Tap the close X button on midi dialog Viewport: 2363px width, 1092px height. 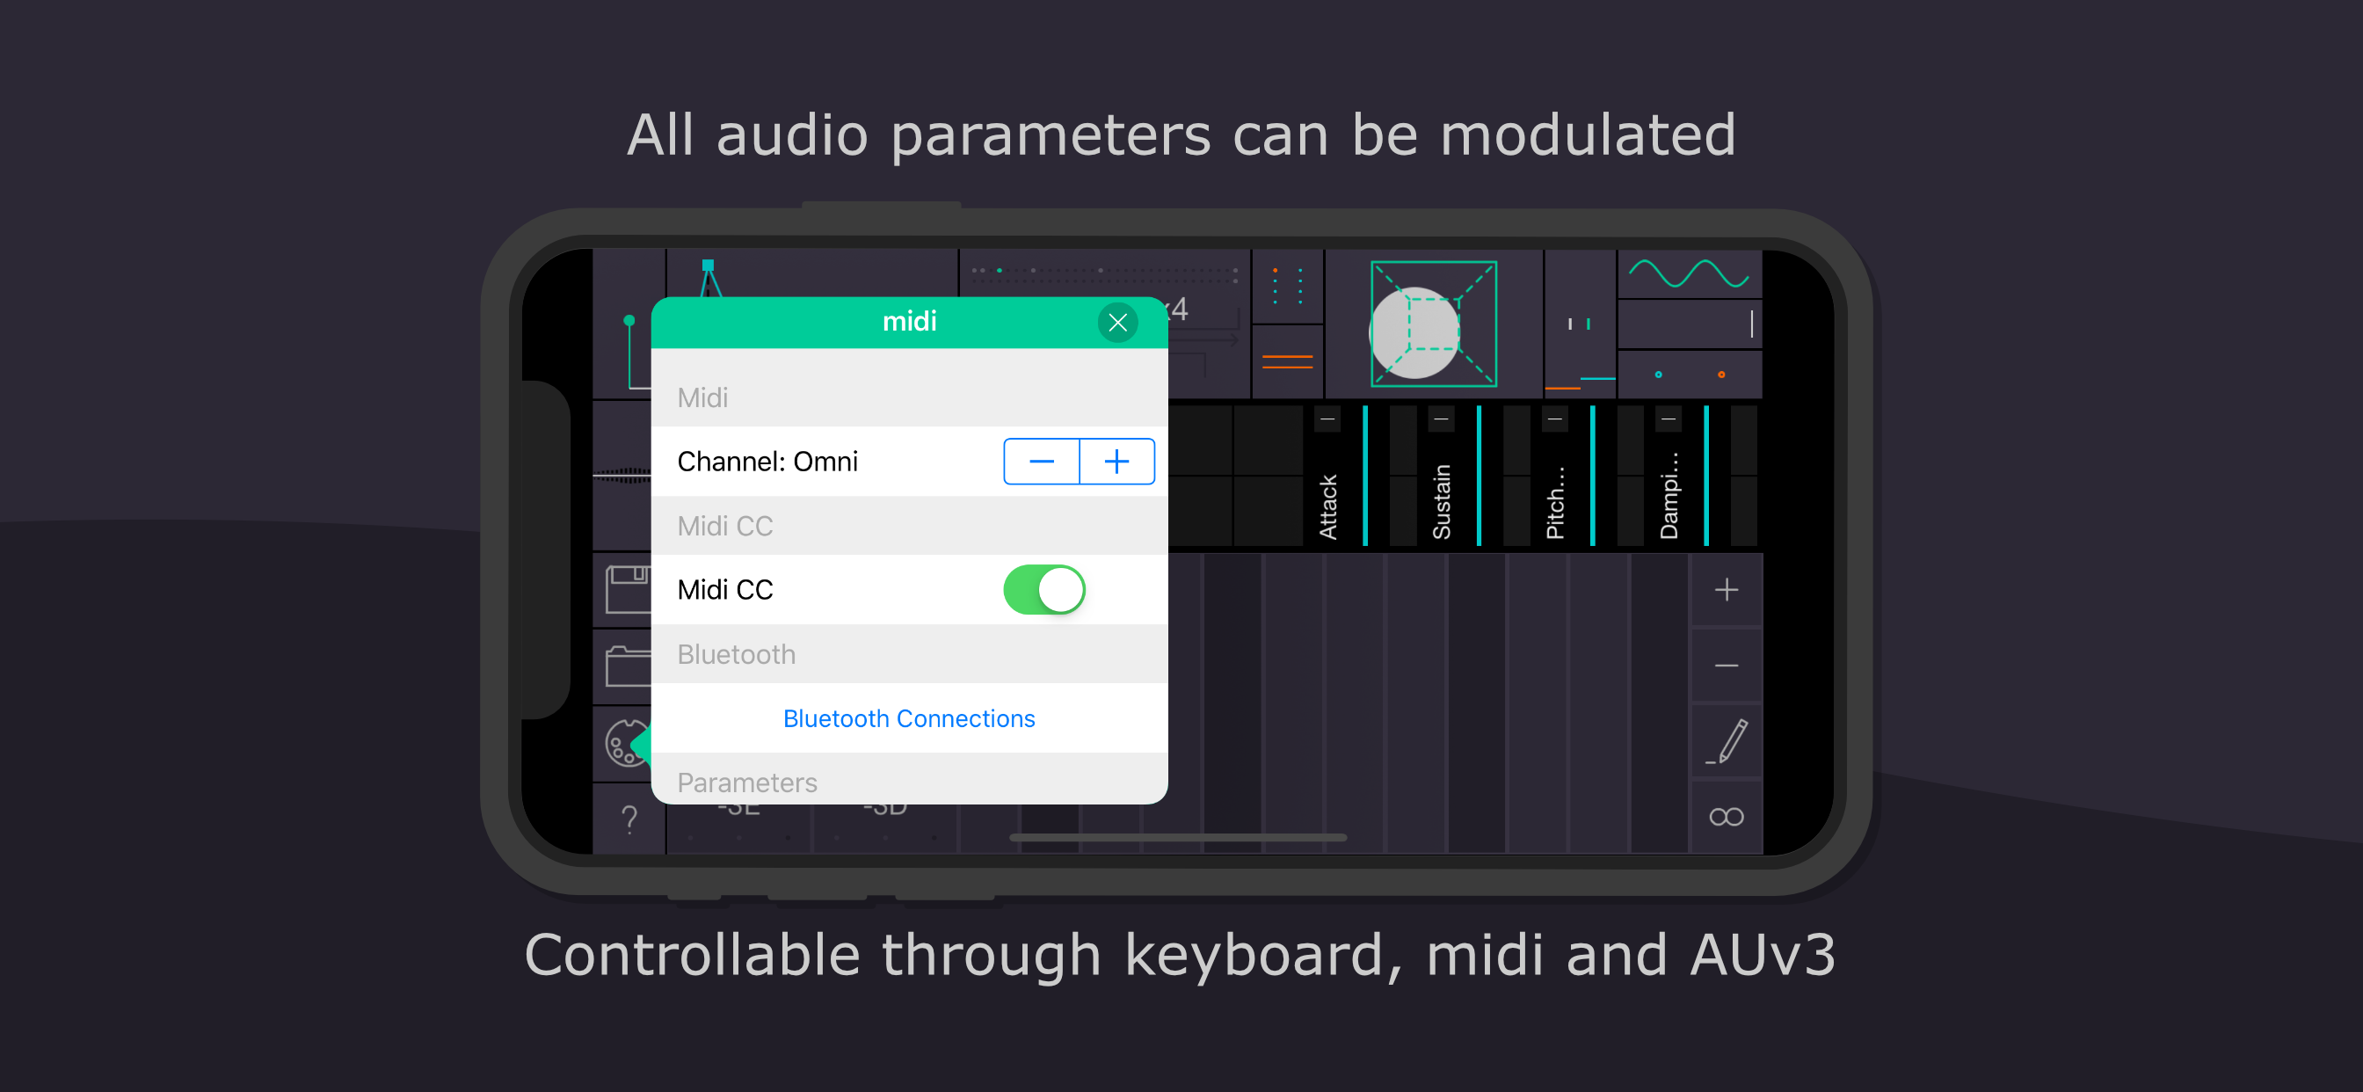1117,322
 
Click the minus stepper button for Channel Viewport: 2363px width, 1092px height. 1041,461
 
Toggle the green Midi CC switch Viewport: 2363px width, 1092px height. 1043,589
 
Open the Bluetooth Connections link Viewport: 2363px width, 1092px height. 908,717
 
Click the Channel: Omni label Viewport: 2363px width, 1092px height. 767,461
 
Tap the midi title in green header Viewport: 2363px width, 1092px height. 909,321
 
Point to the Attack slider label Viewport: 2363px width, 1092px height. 1327,506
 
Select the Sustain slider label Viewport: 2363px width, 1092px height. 1441,501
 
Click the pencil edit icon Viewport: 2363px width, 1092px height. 1727,741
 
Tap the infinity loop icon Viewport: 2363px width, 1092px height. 1727,817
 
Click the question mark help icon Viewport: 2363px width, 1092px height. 629,818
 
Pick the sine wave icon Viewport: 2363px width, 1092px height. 1688,273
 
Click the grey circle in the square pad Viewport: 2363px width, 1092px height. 1414,332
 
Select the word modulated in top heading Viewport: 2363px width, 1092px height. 1588,135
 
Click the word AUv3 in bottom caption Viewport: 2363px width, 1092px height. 1763,954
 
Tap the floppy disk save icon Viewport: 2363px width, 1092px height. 628,589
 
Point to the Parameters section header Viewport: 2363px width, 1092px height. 746,782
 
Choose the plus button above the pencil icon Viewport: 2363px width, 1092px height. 1727,589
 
